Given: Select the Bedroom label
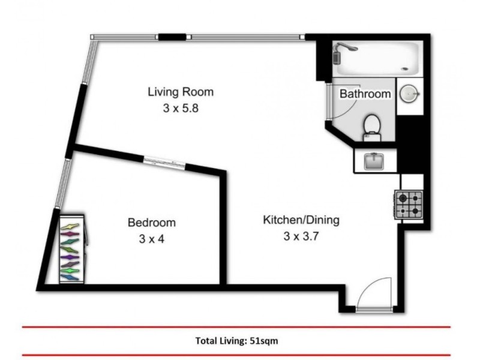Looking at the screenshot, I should click(152, 223).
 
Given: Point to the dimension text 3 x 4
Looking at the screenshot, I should click(152, 238).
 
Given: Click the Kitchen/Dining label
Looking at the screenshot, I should click(301, 220).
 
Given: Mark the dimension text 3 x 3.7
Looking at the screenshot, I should click(301, 236).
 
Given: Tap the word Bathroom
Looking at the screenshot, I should click(365, 94).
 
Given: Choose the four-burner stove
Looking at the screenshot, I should click(409, 204).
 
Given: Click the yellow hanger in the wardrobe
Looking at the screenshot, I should click(71, 226).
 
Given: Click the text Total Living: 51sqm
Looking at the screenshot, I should click(236, 340).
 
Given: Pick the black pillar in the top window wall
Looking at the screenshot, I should click(172, 37).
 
